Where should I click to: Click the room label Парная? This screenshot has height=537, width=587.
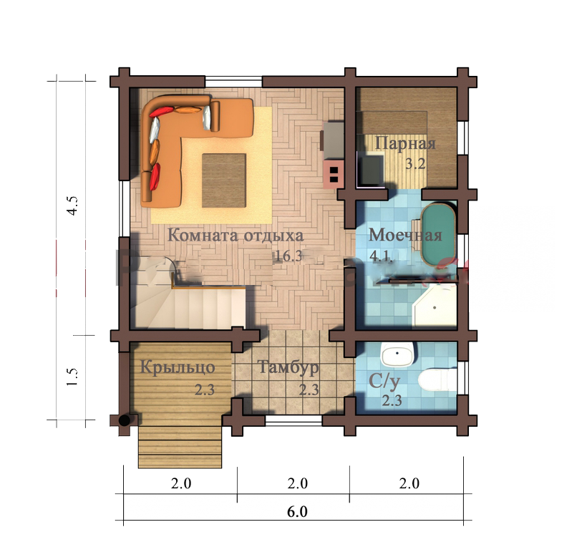point(405,144)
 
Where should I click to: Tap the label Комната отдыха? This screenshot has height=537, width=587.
point(236,236)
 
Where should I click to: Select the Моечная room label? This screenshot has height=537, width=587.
point(405,235)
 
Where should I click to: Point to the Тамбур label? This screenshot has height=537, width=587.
point(288,367)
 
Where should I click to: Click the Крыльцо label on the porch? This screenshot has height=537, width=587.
point(178,367)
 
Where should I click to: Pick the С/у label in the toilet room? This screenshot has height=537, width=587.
point(384,382)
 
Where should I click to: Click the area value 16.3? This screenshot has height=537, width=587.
point(288,256)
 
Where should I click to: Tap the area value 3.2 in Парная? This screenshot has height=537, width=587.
point(415,164)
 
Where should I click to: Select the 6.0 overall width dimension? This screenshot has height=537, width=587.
point(297,511)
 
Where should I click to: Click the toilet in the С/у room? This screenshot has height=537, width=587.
point(437,379)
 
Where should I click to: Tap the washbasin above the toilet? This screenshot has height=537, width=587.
point(397,354)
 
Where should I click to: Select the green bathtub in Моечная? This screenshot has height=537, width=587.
point(438,234)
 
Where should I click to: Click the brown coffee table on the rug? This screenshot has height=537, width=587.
point(224,180)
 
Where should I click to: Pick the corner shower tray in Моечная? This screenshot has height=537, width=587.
point(435,305)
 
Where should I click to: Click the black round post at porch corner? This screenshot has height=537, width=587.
point(125,420)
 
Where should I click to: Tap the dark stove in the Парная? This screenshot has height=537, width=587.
point(371,170)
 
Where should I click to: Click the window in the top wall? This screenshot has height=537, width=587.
point(233,81)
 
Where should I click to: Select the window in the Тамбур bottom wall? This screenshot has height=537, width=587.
point(294,420)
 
